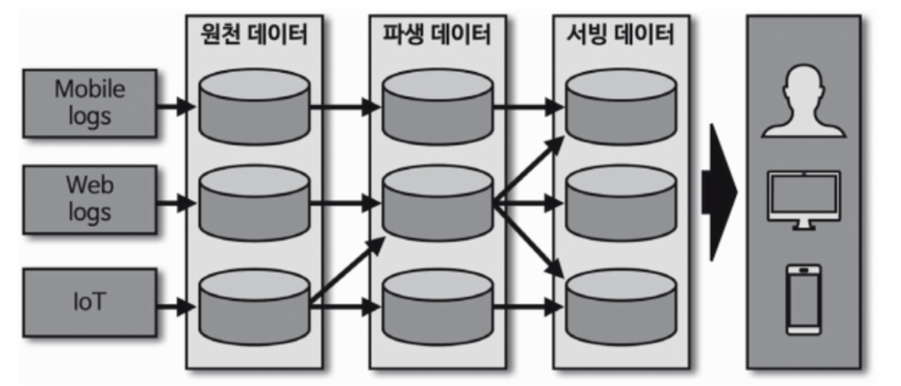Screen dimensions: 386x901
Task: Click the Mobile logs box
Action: [x=89, y=103]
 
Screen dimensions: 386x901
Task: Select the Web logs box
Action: [x=89, y=198]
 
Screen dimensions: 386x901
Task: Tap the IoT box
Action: [x=89, y=301]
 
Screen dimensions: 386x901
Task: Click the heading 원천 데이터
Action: [x=254, y=37]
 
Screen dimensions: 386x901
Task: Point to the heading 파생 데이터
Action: [x=437, y=37]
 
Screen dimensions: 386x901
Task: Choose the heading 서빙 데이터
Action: [x=621, y=37]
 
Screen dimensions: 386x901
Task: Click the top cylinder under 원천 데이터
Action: [x=254, y=106]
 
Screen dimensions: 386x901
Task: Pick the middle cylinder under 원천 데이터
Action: [x=254, y=202]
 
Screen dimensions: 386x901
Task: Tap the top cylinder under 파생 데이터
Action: [x=437, y=106]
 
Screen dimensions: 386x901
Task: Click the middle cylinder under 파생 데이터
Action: [x=437, y=202]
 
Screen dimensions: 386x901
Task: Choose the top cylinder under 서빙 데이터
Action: [x=621, y=106]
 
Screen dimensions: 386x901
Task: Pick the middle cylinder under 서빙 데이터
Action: [x=621, y=202]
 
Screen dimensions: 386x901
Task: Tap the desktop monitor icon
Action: [x=804, y=199]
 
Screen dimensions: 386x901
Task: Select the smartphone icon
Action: [x=804, y=299]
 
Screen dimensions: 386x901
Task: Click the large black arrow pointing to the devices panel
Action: [x=722, y=193]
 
